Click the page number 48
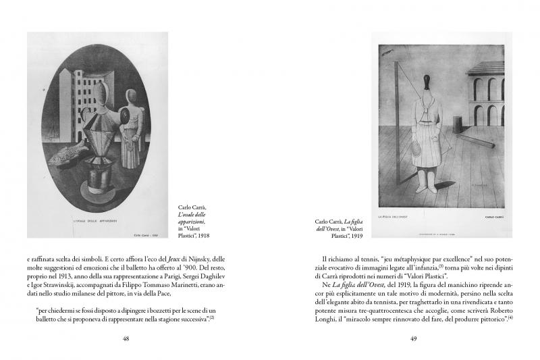125,338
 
